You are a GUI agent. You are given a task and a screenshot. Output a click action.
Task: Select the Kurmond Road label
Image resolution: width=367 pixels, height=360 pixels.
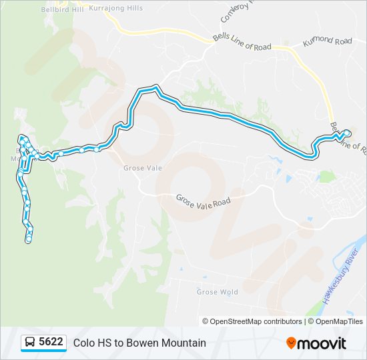(x=327, y=41)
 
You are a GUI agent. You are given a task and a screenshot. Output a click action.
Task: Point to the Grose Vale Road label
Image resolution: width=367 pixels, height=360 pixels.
(x=203, y=200)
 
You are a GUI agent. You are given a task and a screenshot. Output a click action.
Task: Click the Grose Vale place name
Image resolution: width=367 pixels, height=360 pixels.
(x=139, y=168)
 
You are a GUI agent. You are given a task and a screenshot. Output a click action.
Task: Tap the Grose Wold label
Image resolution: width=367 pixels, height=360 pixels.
(x=217, y=292)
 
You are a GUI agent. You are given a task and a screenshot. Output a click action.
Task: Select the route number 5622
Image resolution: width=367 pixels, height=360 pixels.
(x=51, y=343)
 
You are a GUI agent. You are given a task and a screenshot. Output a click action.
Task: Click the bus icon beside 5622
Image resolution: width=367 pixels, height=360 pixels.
(x=30, y=343)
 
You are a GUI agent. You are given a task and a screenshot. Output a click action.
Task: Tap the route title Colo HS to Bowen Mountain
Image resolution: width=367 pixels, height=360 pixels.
(x=139, y=343)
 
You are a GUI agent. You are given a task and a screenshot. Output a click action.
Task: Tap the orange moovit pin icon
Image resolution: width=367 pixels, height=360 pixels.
(x=291, y=343)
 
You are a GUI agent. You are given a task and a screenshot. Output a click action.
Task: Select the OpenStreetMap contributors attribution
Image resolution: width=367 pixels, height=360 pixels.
(x=252, y=321)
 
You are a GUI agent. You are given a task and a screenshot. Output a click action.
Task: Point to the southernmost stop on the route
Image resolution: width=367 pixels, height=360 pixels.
(x=29, y=240)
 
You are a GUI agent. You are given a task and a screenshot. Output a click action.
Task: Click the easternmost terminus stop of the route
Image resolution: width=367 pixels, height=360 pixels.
(x=347, y=133)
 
